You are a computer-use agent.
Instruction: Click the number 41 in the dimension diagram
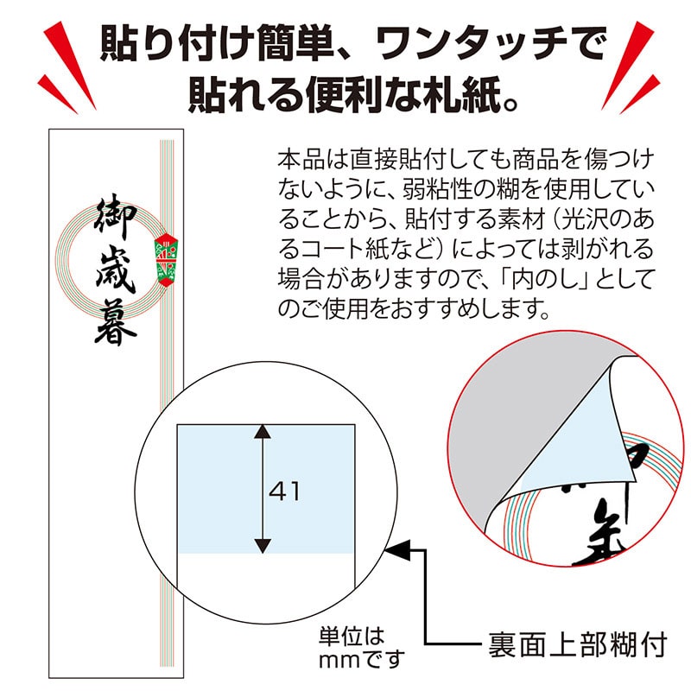tap(284, 491)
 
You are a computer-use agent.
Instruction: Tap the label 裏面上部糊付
tap(571, 643)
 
